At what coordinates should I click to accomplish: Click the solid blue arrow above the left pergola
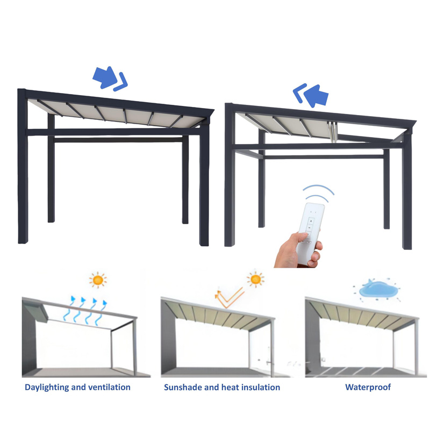(x=105, y=77)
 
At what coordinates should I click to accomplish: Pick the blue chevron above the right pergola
(x=299, y=93)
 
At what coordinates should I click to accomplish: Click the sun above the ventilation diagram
(x=98, y=280)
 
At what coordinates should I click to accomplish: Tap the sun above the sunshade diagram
(x=255, y=279)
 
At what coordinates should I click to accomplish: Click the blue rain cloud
(x=378, y=290)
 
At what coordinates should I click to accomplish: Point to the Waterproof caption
(x=368, y=387)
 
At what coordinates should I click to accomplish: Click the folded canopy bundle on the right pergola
(x=332, y=132)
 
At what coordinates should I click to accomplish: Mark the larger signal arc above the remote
(x=318, y=188)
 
